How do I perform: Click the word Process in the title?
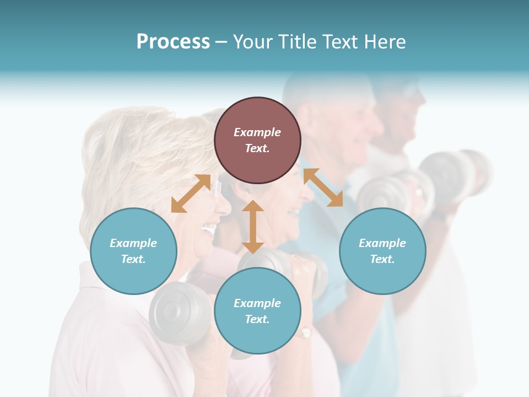click(173, 42)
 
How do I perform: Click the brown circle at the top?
click(257, 140)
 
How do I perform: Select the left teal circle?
click(133, 251)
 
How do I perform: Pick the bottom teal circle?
click(257, 311)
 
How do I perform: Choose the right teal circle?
click(382, 251)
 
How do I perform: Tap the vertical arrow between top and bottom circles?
click(253, 227)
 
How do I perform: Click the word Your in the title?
click(252, 42)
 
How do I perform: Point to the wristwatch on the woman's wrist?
click(305, 332)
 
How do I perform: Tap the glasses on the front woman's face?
click(216, 190)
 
